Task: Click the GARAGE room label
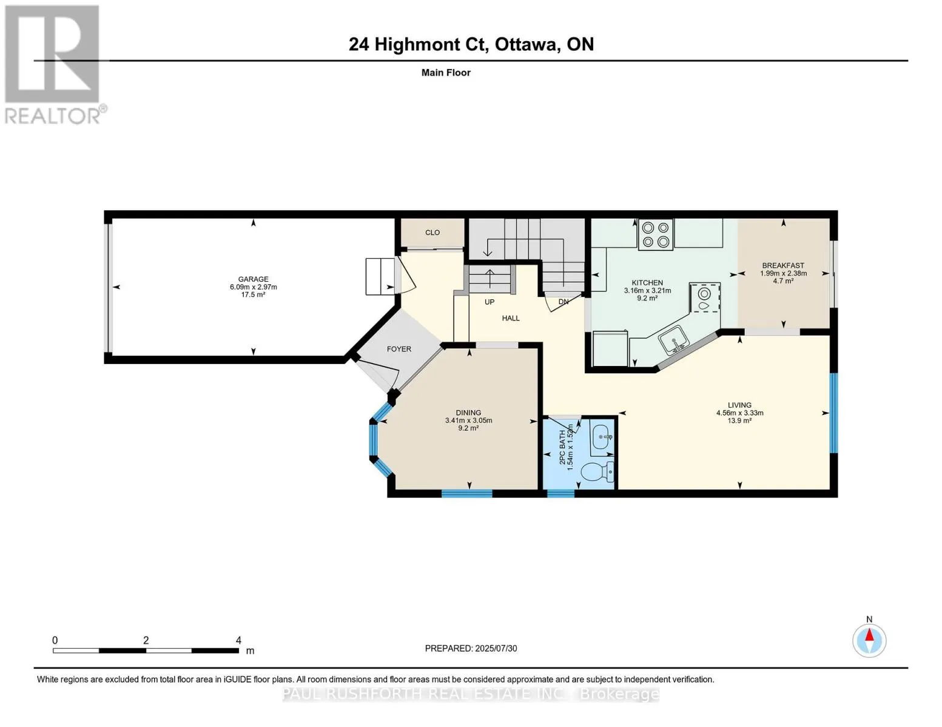click(x=253, y=279)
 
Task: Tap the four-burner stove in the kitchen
click(x=656, y=234)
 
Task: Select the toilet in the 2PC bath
click(x=598, y=471)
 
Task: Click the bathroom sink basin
click(x=602, y=438)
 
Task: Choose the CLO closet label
click(x=432, y=233)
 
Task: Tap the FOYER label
click(x=399, y=349)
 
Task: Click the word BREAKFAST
click(x=783, y=265)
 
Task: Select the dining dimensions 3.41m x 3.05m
click(x=469, y=420)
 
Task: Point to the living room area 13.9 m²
click(x=739, y=420)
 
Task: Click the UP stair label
click(x=490, y=302)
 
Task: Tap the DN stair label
click(x=564, y=302)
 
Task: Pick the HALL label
click(x=511, y=318)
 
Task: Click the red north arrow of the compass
click(x=869, y=635)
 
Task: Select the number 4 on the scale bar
click(x=238, y=640)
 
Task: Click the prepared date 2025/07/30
click(x=496, y=648)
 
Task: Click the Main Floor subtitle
click(x=446, y=73)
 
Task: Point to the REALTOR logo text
click(x=53, y=116)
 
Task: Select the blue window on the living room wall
click(x=833, y=413)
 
